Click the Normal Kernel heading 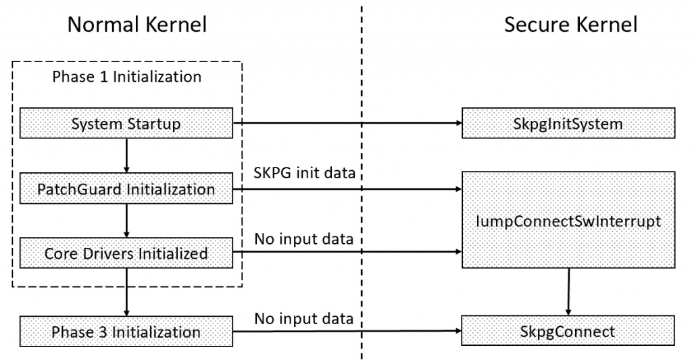pyautogui.click(x=137, y=25)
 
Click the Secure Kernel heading pyautogui.click(x=570, y=25)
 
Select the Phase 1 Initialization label pyautogui.click(x=126, y=76)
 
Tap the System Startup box pyautogui.click(x=126, y=124)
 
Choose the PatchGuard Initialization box pyautogui.click(x=126, y=190)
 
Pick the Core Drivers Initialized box pyautogui.click(x=126, y=255)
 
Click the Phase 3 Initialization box pyautogui.click(x=126, y=332)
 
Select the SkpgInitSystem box pyautogui.click(x=568, y=124)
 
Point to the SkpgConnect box pyautogui.click(x=568, y=332)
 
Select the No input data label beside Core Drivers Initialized pyautogui.click(x=303, y=240)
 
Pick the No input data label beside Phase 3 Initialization pyautogui.click(x=303, y=317)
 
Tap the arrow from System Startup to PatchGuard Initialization pyautogui.click(x=126, y=155)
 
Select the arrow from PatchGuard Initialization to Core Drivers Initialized pyautogui.click(x=126, y=222)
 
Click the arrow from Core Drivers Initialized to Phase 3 pyautogui.click(x=126, y=292)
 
